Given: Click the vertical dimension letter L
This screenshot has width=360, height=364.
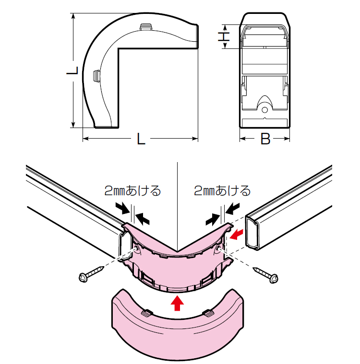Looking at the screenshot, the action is [x=72, y=70].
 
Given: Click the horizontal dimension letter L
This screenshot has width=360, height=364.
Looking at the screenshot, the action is [x=141, y=139].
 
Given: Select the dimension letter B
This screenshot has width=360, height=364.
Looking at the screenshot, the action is [x=265, y=139].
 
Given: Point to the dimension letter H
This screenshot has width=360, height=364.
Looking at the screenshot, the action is [x=224, y=36].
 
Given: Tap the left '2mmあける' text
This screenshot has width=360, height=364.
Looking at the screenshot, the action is [x=132, y=191].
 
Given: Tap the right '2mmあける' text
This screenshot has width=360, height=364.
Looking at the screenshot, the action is [x=222, y=191].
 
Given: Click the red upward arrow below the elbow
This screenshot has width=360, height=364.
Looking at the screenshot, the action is [x=177, y=303].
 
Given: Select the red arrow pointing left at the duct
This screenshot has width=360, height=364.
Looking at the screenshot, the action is [x=236, y=234].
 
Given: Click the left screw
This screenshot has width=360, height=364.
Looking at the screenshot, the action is [x=91, y=274].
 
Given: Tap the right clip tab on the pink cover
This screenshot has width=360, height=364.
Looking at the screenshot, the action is [x=208, y=313].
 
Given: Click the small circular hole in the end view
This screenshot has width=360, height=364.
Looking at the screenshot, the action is [x=264, y=109].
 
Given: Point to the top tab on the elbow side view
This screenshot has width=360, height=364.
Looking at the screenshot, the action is [x=146, y=26].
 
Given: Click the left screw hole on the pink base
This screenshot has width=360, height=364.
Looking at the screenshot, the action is [x=137, y=250].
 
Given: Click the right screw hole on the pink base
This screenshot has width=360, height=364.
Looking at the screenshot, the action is [x=219, y=249].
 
